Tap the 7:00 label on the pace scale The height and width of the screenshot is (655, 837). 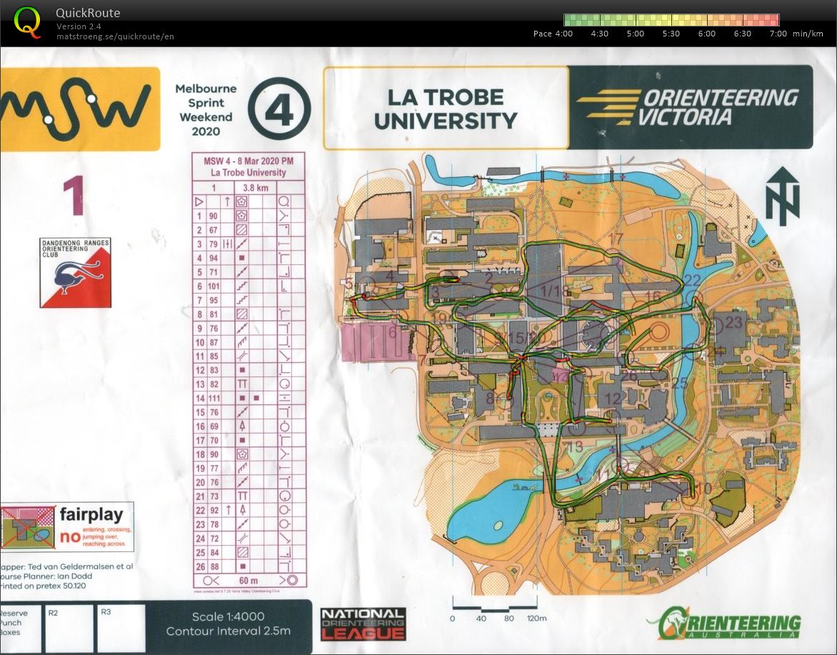[x=778, y=34]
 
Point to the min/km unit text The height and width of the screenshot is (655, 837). [x=808, y=34]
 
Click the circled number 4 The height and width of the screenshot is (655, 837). [x=279, y=109]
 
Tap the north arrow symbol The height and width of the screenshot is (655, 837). [x=782, y=196]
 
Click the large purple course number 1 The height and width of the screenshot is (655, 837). [x=74, y=196]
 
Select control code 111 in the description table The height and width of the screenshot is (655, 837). [x=213, y=397]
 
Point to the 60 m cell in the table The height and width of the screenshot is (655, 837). [x=248, y=579]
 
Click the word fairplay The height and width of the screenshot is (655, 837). [x=96, y=514]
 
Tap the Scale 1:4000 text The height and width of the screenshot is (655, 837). [x=228, y=617]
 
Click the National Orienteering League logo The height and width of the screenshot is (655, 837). [x=363, y=624]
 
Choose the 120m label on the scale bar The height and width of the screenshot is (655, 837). [x=536, y=619]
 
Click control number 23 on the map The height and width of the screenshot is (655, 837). [x=733, y=322]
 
